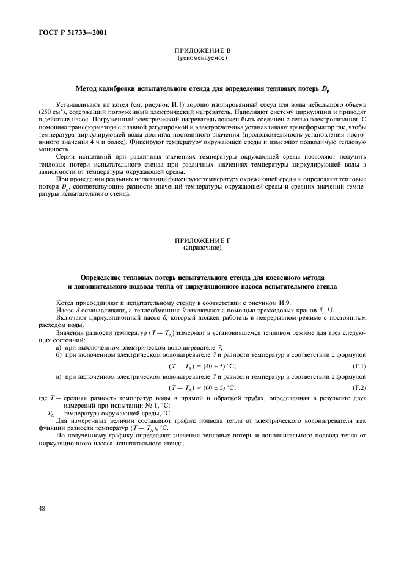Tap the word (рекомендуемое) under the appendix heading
pyautogui.click(x=202, y=59)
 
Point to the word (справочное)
pyautogui.click(x=202, y=248)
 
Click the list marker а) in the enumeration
pyautogui.click(x=58, y=347)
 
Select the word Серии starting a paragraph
pyautogui.click(x=65, y=157)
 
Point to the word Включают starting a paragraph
pyautogui.click(x=72, y=317)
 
